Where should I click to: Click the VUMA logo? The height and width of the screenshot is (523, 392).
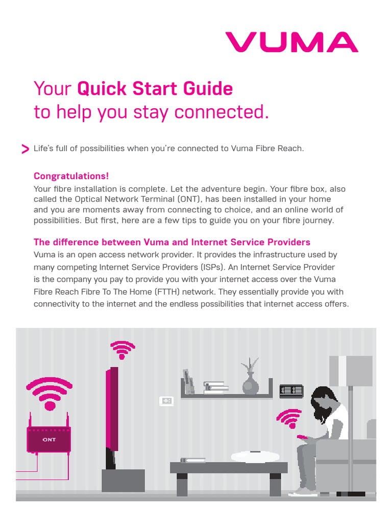pyautogui.click(x=291, y=42)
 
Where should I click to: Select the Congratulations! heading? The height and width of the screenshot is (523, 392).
pyautogui.click(x=71, y=176)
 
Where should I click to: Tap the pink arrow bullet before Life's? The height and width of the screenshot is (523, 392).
pyautogui.click(x=25, y=149)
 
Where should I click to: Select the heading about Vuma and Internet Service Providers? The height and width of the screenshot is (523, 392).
pyautogui.click(x=171, y=242)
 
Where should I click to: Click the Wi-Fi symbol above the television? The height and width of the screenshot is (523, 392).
pyautogui.click(x=122, y=350)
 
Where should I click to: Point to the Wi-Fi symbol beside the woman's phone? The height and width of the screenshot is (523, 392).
pyautogui.click(x=288, y=418)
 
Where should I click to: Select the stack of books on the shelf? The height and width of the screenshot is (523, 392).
pyautogui.click(x=215, y=388)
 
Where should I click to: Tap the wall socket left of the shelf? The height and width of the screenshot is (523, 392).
pyautogui.click(x=166, y=401)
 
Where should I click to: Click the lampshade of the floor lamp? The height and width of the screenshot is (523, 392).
pyautogui.click(x=351, y=371)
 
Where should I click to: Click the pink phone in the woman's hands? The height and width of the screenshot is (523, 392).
pyautogui.click(x=302, y=437)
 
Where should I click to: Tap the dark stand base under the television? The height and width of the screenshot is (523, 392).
pyautogui.click(x=123, y=480)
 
